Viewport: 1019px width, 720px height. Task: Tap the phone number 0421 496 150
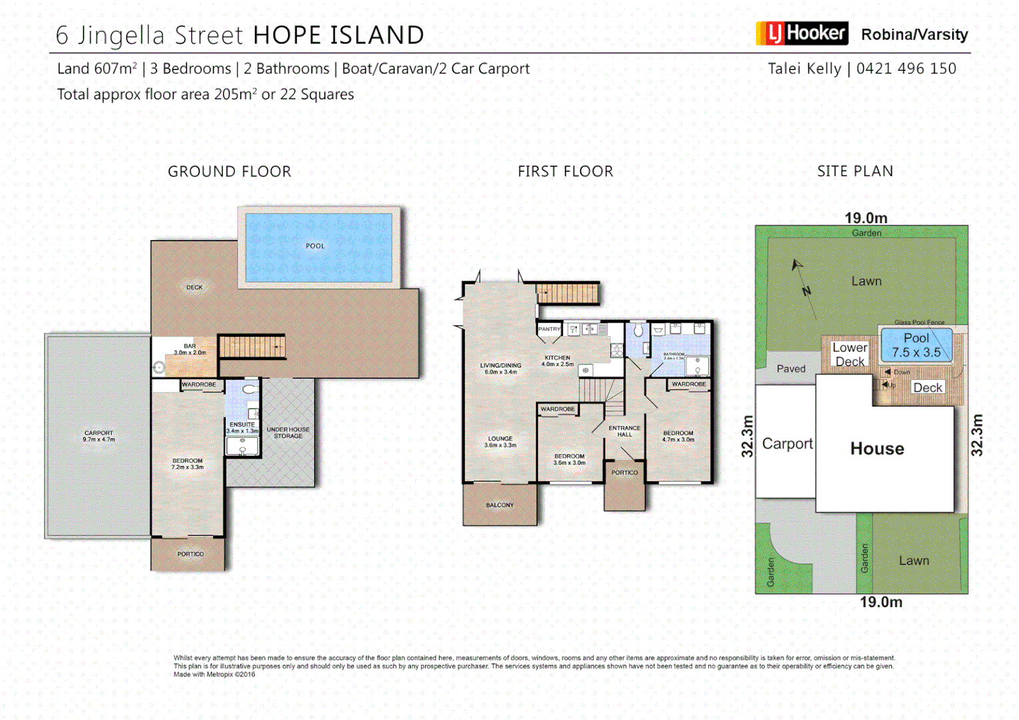[x=906, y=69]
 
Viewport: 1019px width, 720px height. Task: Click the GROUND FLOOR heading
[x=229, y=171]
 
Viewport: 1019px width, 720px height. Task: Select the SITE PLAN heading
[x=855, y=171]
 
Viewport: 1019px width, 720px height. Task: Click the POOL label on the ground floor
[x=315, y=246]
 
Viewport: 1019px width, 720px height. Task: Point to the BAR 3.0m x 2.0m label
[x=190, y=349]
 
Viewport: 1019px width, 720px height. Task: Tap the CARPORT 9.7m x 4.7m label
[x=99, y=436]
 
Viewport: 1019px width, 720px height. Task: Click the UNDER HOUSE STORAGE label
[x=288, y=433]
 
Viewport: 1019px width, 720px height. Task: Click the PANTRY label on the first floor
[x=549, y=329]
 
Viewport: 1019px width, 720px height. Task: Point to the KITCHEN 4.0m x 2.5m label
[x=558, y=361]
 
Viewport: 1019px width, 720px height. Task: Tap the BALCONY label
[x=499, y=505]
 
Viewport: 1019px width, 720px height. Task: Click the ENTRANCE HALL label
[x=624, y=431]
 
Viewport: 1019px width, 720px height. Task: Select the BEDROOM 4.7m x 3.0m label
[x=678, y=436]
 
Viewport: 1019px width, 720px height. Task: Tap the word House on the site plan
[x=877, y=449]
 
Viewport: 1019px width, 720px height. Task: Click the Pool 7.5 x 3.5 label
[x=916, y=345]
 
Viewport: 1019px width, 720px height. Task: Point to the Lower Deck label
[x=850, y=355]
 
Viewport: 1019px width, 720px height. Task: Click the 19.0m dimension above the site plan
[x=866, y=218]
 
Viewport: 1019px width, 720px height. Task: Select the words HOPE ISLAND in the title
[x=339, y=35]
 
